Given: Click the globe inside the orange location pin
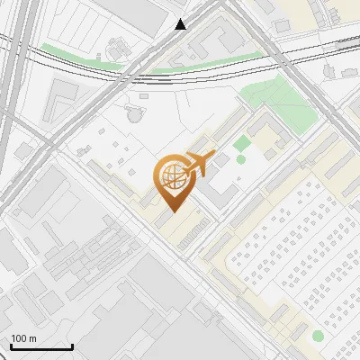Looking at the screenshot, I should pos(171,176).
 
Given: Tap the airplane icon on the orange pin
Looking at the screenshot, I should pos(197,164).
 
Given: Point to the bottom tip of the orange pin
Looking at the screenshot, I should pos(171,211).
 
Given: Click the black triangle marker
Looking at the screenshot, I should pos(181,24).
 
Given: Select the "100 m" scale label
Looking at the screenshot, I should pos(23,337).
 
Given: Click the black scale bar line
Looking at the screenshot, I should pos(41,346).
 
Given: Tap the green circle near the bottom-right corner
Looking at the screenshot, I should pos(318,336).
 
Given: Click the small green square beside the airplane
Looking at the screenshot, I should pos(240,144).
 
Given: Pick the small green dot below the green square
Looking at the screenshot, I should pos(240,160).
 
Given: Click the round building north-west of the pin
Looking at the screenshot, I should pos(134,112).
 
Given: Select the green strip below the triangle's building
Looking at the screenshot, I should pos(207,63).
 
